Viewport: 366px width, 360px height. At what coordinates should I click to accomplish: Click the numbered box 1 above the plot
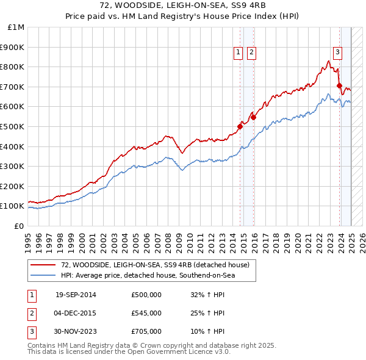click(238, 53)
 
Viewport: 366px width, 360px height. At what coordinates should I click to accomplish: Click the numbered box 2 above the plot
click(251, 53)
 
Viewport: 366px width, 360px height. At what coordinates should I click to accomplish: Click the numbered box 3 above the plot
click(337, 53)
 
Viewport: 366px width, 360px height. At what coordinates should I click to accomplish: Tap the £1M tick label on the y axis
click(16, 27)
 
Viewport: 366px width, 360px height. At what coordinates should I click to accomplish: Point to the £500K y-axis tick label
click(13, 126)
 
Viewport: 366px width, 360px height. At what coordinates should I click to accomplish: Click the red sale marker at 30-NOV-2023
click(339, 86)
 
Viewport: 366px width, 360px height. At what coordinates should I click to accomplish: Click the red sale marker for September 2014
click(240, 126)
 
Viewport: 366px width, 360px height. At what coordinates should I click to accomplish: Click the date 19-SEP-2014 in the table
click(76, 295)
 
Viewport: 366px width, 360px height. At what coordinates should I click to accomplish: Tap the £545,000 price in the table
click(146, 313)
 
